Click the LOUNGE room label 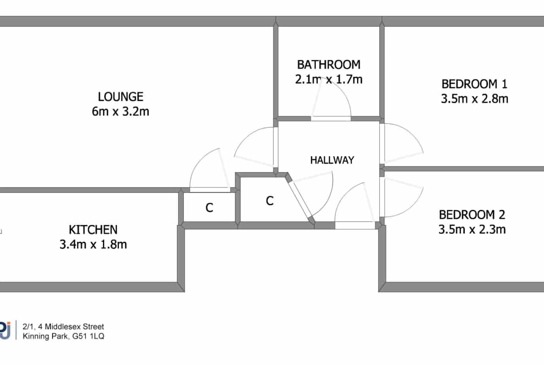click(x=120, y=96)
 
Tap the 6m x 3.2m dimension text click(x=120, y=112)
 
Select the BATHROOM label click(x=329, y=65)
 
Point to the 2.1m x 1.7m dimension click(x=329, y=80)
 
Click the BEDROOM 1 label click(x=474, y=84)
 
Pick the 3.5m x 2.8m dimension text click(x=474, y=99)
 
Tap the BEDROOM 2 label click(x=472, y=215)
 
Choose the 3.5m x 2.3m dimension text click(x=472, y=230)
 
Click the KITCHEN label click(x=93, y=230)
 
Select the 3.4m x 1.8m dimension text click(x=93, y=245)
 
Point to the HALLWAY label click(x=332, y=160)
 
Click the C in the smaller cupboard click(x=209, y=207)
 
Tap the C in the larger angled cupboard click(x=270, y=200)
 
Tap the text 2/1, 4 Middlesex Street click(x=63, y=326)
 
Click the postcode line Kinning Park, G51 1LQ click(x=63, y=336)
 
